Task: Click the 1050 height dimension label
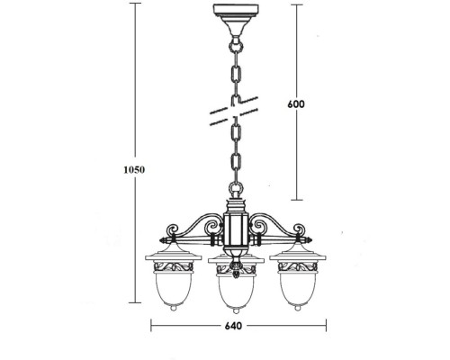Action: [134, 168]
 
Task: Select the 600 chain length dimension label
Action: [297, 103]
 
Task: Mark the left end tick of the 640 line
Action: [150, 328]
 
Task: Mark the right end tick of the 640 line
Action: [321, 328]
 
